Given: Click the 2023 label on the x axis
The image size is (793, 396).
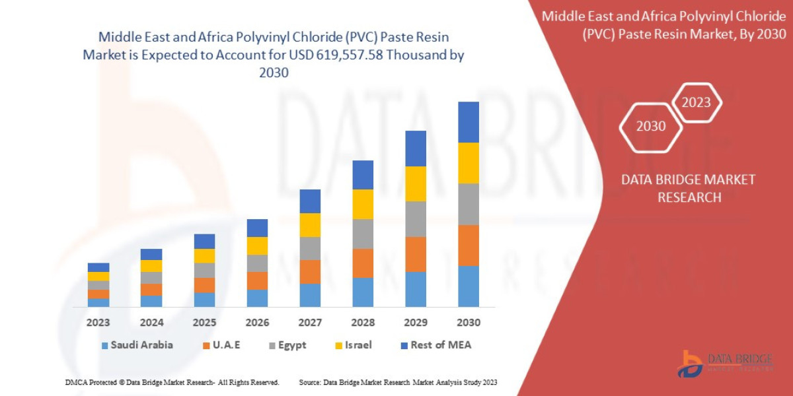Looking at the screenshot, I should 98,323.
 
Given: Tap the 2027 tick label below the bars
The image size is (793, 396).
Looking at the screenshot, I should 310,323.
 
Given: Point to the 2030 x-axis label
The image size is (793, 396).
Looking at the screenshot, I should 468,323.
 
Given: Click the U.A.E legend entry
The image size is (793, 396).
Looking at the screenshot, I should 224,345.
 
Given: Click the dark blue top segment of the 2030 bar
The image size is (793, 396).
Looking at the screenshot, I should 468,122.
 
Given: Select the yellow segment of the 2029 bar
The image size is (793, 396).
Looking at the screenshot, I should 416,183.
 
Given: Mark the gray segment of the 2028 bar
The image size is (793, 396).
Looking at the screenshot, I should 363,234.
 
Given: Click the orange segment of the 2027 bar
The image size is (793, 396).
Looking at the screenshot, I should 310,271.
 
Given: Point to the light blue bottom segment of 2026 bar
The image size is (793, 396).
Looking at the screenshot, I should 257,298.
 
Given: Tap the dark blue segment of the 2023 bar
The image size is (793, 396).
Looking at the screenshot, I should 98,267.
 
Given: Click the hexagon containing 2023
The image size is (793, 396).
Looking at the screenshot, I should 696,102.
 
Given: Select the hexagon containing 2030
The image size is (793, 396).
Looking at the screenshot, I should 651,126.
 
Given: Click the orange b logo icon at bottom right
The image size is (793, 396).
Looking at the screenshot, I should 691,364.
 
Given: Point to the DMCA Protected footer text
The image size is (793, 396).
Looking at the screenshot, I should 172,382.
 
